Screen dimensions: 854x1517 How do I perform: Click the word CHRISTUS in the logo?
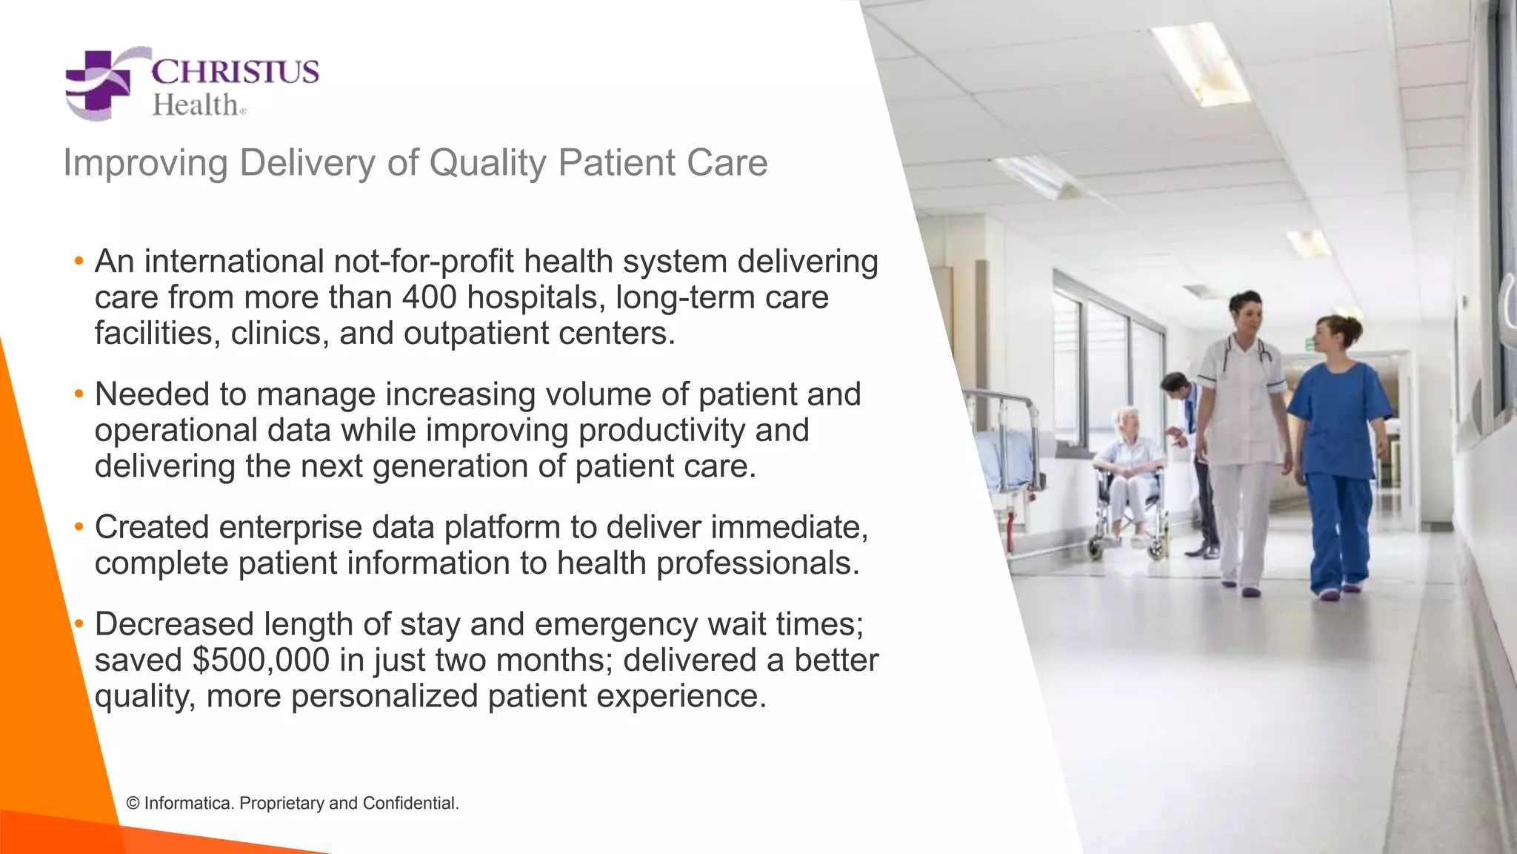tap(235, 72)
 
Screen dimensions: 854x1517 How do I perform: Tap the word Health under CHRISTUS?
tap(195, 105)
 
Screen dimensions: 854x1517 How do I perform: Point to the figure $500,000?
tap(261, 660)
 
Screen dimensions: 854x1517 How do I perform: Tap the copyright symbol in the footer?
tap(133, 804)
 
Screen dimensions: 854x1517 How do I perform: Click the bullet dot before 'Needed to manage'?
tap(79, 394)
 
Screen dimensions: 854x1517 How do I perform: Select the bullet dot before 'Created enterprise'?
tap(79, 527)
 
